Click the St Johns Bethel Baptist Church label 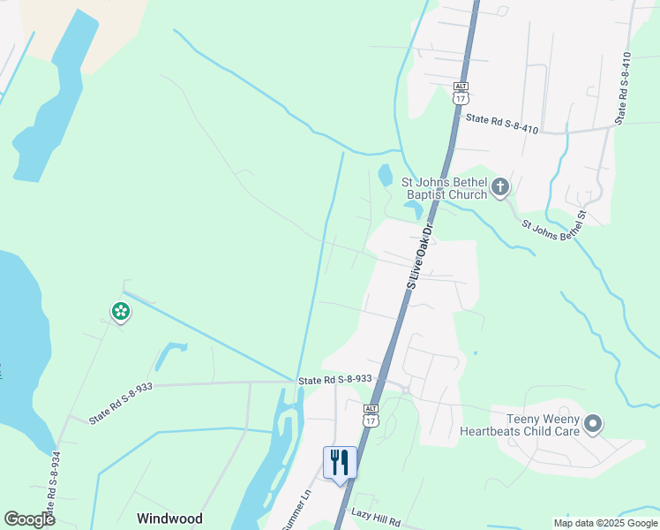tap(444, 189)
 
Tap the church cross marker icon tap(500, 186)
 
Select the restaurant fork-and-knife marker tap(340, 462)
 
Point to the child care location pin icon tap(593, 425)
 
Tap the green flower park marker tap(120, 311)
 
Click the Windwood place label tap(169, 519)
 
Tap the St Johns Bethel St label tap(553, 229)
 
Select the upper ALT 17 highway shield tap(460, 93)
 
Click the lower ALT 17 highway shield tap(371, 415)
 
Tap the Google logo tap(29, 519)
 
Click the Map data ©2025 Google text tap(604, 523)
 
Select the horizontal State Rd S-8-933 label tap(335, 379)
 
